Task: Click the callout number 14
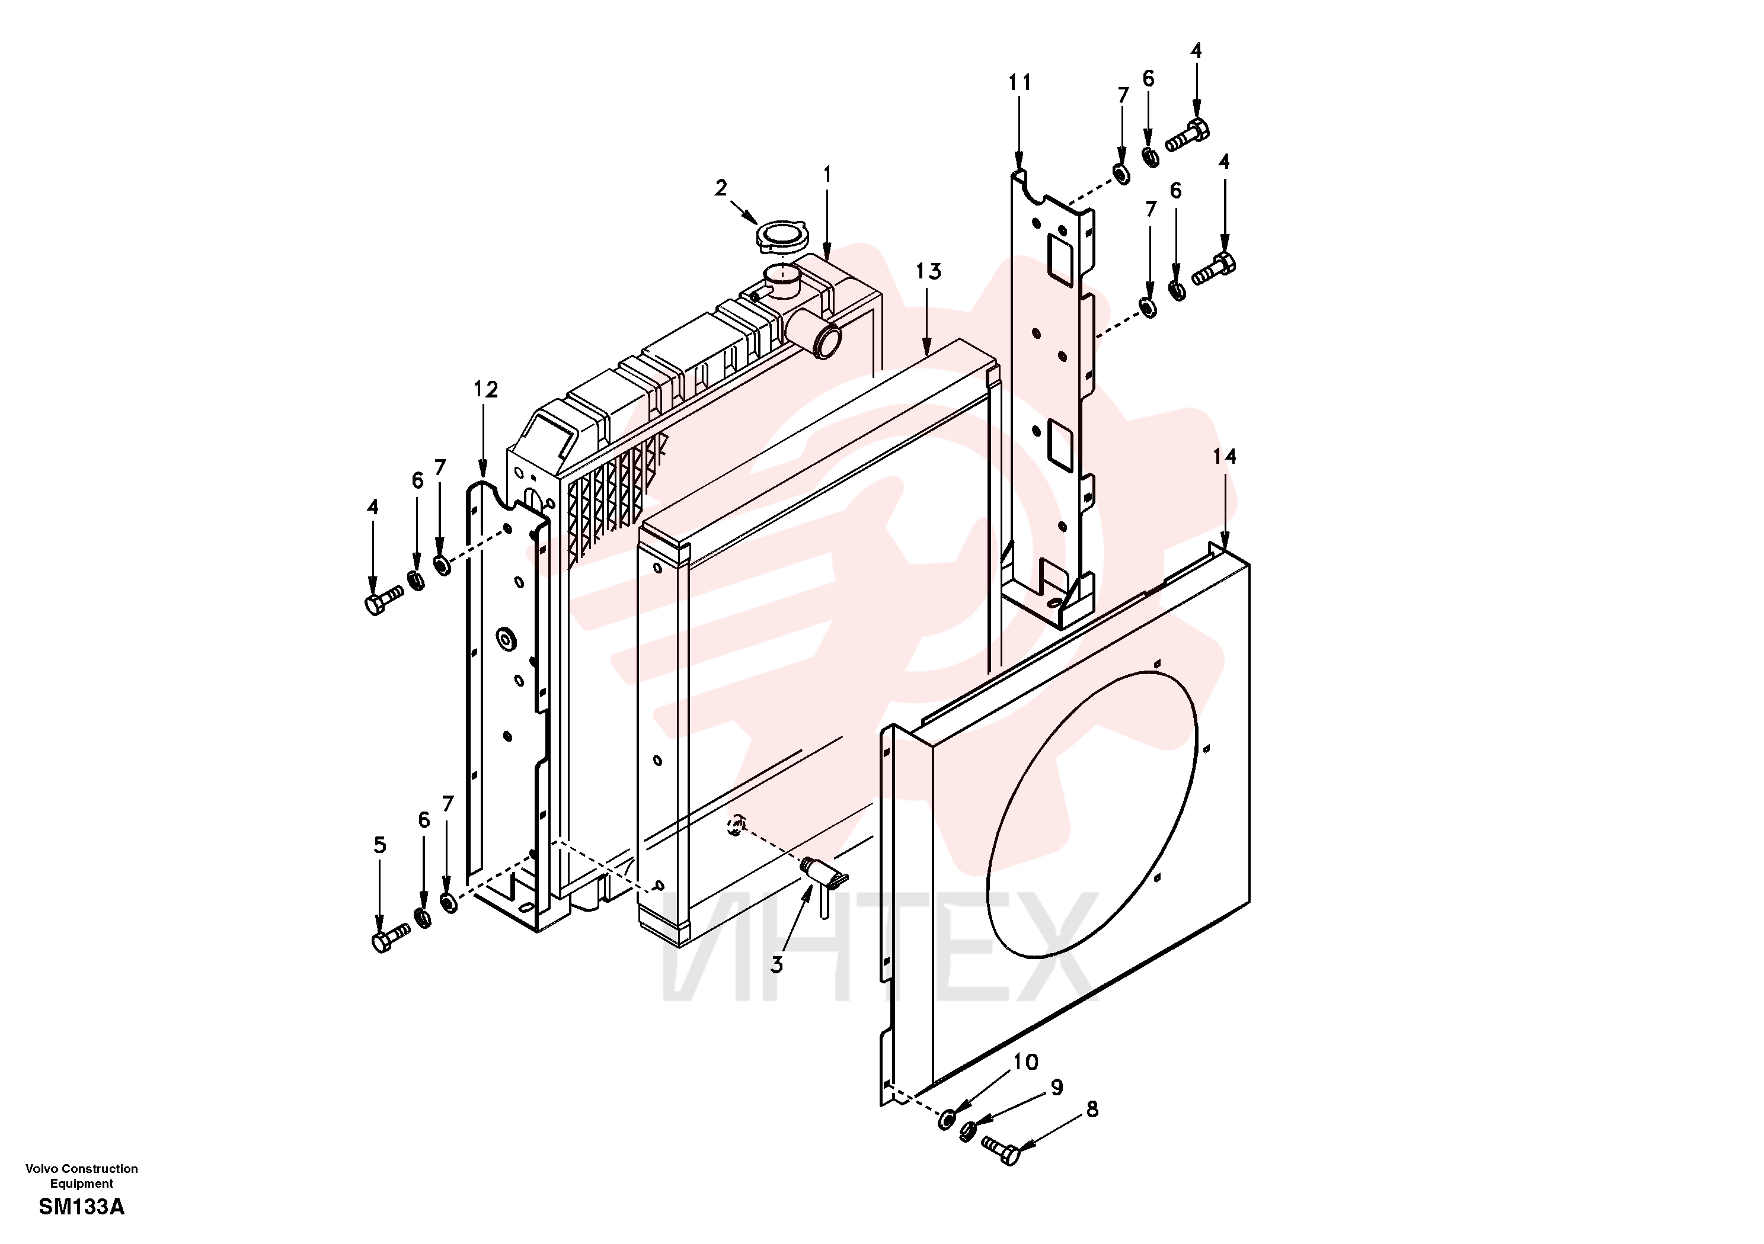point(1224,457)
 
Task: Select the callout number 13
point(928,271)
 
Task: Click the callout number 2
point(721,188)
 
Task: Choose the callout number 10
point(1025,1062)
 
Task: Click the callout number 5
point(379,845)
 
